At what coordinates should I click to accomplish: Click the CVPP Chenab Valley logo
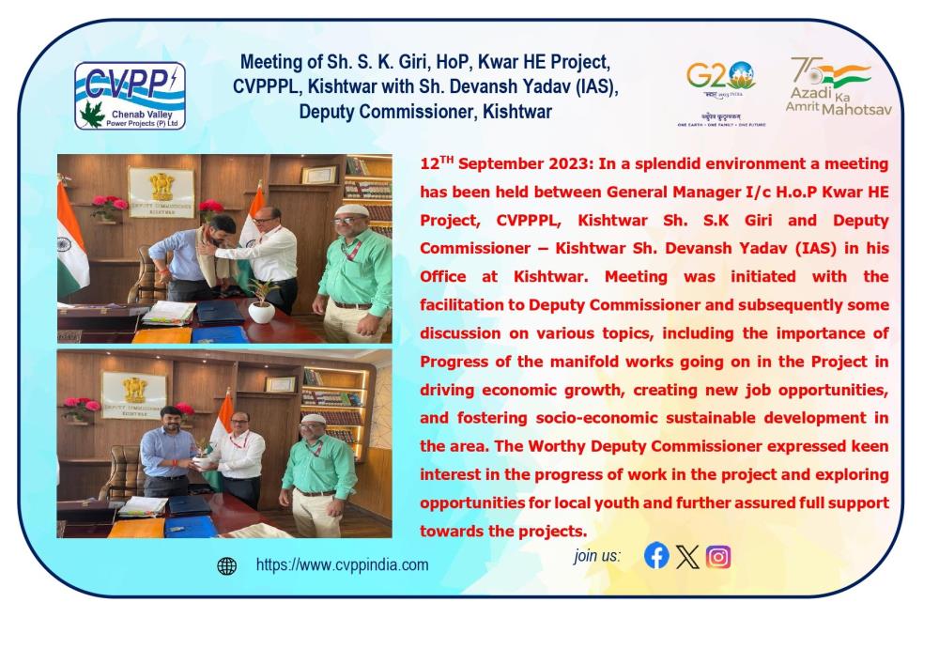point(130,96)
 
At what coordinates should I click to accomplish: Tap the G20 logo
point(721,93)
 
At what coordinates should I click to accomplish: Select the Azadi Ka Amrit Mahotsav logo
point(839,86)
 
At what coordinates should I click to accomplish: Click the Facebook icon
point(656,556)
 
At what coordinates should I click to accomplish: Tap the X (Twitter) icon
point(687,557)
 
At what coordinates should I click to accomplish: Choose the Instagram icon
point(718,557)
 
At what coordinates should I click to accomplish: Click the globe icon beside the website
point(227,565)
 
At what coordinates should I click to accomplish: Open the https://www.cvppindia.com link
point(342,564)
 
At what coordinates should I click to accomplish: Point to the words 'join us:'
point(597,556)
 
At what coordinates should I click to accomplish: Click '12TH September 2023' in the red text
point(505,163)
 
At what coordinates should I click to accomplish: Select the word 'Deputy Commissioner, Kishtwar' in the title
point(425,112)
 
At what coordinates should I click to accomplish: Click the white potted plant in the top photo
point(262,302)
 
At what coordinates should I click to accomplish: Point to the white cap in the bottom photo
point(312,419)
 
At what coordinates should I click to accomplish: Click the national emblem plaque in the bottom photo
point(134,394)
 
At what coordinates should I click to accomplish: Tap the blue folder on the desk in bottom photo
point(191,526)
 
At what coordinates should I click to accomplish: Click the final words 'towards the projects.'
point(503,531)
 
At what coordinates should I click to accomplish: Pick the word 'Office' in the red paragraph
point(442,277)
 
